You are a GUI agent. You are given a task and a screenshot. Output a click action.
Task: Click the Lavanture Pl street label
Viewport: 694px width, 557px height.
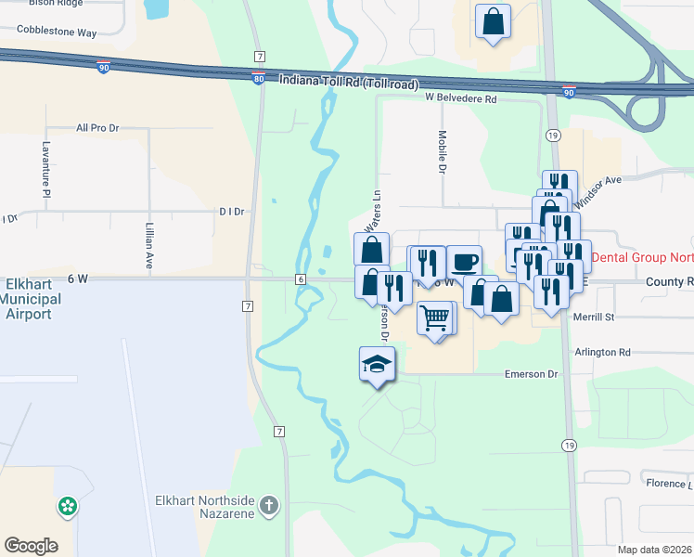coord(45,168)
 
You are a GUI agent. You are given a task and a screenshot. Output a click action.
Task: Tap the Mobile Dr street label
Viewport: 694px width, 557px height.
coord(443,151)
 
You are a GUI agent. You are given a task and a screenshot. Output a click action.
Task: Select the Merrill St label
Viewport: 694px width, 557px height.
coord(595,317)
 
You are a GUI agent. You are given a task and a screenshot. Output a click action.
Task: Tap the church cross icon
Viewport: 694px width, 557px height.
coord(268,506)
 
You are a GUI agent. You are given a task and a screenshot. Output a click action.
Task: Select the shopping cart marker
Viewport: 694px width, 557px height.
coord(434,318)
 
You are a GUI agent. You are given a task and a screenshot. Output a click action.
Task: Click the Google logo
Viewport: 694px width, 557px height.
coord(31,546)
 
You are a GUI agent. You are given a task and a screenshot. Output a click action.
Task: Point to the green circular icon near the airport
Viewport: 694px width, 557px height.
coord(67,507)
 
